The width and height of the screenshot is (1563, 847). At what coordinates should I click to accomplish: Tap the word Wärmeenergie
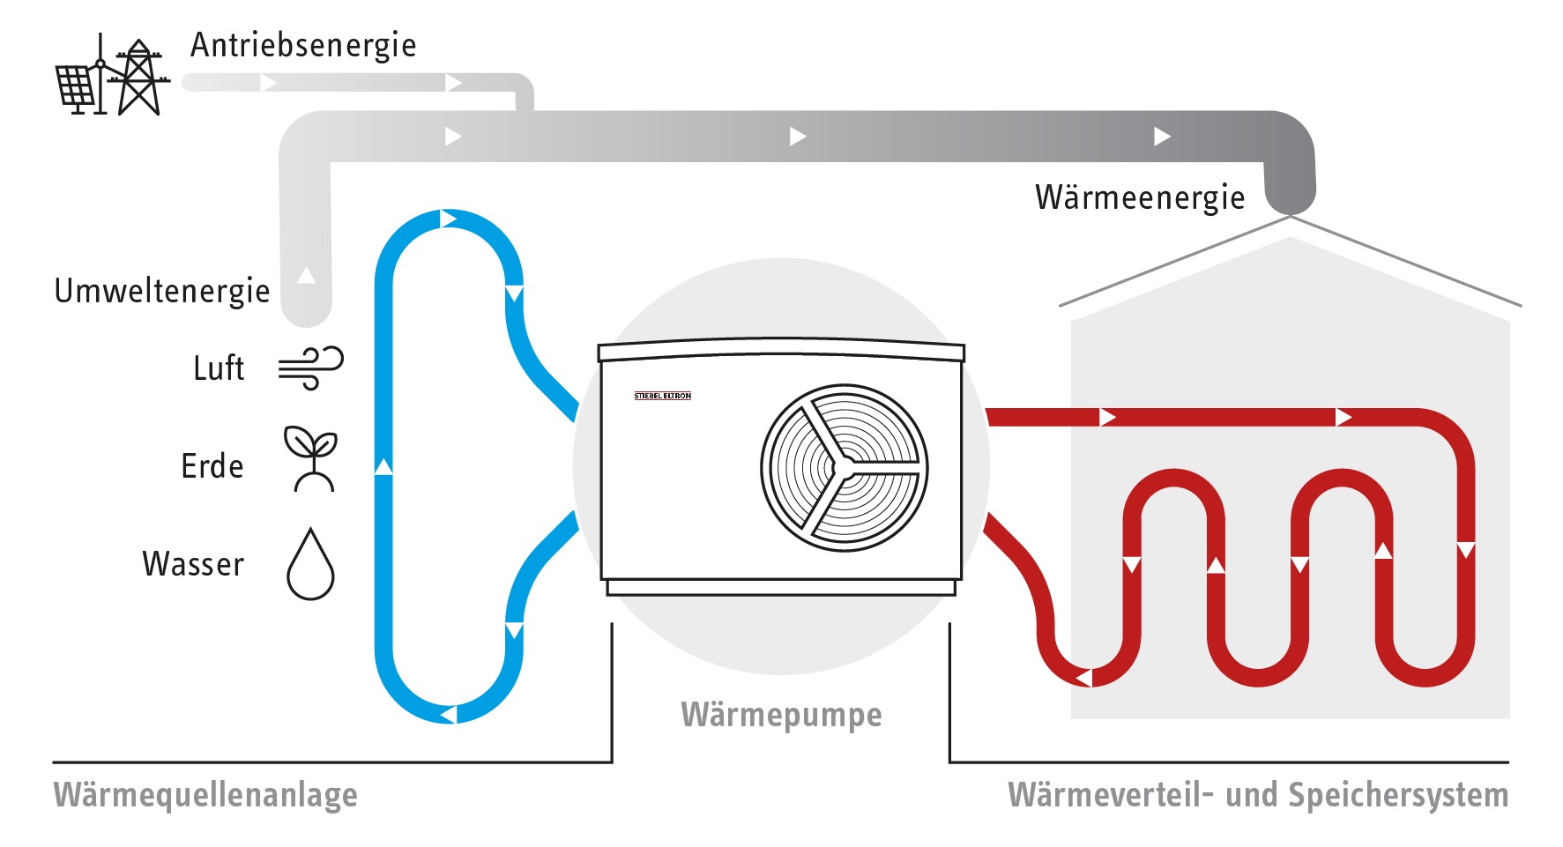point(1140,197)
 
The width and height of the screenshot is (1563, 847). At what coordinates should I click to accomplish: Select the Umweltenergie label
point(162,291)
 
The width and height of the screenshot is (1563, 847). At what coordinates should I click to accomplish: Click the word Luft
point(219,368)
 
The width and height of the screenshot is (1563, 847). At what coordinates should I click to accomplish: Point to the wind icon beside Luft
point(310,368)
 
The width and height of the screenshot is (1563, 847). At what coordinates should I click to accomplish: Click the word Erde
point(212,466)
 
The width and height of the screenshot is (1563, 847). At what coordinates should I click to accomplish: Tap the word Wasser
point(193,564)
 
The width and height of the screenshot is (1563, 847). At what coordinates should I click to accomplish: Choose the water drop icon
point(310,565)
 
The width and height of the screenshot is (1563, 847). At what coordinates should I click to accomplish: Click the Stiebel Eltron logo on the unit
point(663,396)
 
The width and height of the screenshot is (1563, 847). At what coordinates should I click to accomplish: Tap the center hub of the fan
point(844,467)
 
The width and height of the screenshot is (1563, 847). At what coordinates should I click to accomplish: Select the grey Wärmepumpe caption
point(781,715)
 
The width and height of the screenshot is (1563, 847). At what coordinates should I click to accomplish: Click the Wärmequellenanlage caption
point(205,795)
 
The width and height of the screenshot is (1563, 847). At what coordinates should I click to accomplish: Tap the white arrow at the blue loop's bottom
point(448,713)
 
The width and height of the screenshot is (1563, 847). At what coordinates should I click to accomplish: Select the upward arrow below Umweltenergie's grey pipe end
point(306,275)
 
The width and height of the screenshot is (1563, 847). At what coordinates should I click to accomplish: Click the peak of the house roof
point(1290,217)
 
